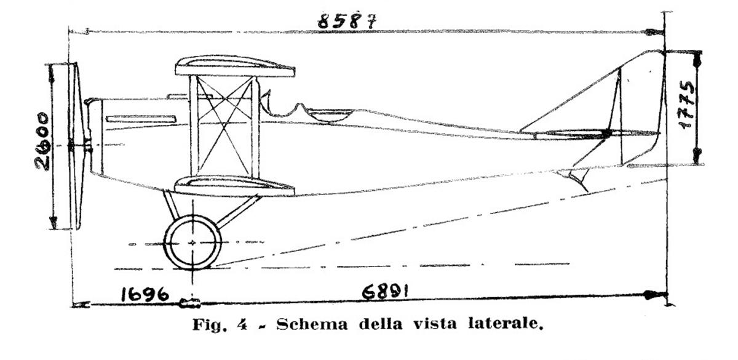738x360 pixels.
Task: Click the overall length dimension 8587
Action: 347,21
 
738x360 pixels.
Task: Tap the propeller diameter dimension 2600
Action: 43,141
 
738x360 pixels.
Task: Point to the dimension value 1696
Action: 145,294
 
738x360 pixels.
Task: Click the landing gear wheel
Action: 192,242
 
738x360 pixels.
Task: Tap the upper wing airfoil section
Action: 235,66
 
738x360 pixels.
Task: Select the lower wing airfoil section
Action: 234,185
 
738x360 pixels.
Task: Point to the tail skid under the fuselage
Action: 577,180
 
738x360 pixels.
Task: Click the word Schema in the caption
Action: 312,324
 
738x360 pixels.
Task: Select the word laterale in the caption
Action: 505,324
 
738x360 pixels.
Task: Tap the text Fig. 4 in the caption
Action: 220,325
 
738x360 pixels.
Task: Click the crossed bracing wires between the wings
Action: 224,126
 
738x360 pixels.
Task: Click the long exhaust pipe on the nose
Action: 141,119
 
